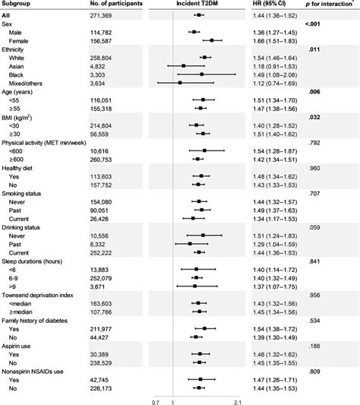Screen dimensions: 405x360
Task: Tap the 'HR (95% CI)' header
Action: point(271,5)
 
